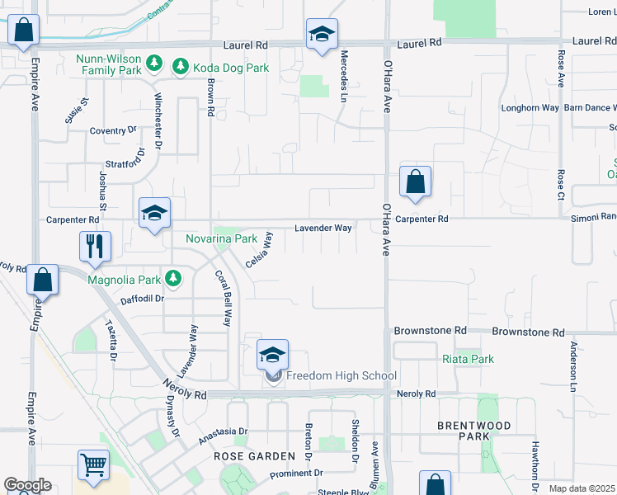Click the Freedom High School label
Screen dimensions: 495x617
click(x=341, y=376)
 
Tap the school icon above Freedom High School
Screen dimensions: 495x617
click(x=273, y=356)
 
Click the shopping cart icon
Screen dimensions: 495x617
click(x=94, y=465)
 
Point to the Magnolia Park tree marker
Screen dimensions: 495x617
click(x=173, y=278)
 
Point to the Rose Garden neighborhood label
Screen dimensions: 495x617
click(x=254, y=456)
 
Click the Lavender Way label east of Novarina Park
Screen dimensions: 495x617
click(x=324, y=227)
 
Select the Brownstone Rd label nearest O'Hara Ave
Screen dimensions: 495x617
click(x=431, y=330)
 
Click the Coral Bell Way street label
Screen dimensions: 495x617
click(x=222, y=298)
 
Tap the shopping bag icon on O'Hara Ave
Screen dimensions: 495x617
click(x=416, y=182)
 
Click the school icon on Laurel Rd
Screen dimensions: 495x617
click(x=321, y=35)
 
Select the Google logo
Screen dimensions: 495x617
click(x=26, y=485)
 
